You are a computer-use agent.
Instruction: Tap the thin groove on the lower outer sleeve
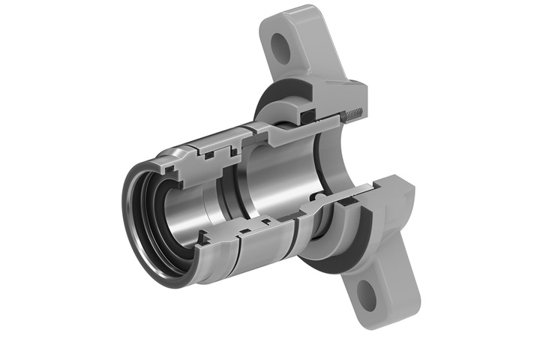tap(238, 251)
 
